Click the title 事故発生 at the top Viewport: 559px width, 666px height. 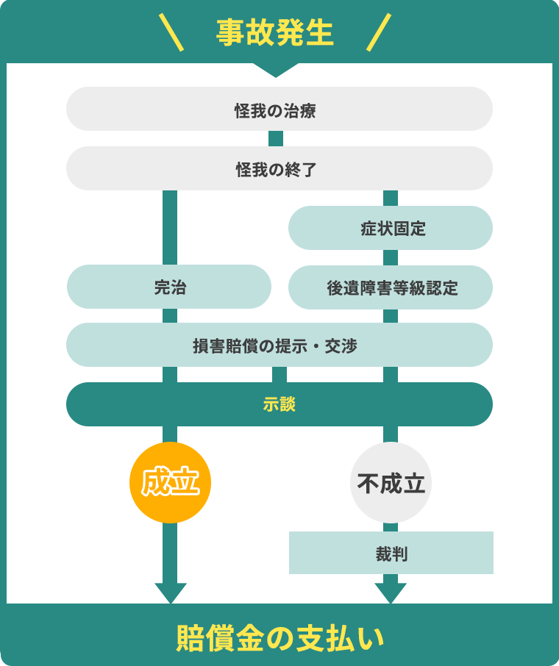[275, 32]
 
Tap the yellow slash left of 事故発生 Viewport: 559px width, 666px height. [171, 32]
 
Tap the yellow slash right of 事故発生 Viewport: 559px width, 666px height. [379, 32]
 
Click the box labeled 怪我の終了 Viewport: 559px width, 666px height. [279, 168]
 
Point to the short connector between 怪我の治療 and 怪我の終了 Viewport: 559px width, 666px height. [276, 138]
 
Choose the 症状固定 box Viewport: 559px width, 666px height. [391, 228]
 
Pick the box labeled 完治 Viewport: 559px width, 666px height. [169, 287]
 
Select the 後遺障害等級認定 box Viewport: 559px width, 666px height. [391, 287]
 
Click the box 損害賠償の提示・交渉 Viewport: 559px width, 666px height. [279, 345]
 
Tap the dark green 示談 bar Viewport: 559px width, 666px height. [279, 404]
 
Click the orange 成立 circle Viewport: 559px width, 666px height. [170, 482]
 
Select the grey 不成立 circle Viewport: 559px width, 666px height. [391, 483]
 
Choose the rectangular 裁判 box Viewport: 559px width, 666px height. [391, 553]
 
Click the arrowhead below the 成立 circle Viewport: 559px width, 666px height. [170, 592]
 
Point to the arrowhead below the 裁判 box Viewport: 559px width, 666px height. [391, 592]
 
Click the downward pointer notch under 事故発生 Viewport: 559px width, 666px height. [276, 70]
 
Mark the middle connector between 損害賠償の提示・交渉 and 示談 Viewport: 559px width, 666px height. [279, 374]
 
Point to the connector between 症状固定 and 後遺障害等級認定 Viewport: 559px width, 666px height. [391, 257]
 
